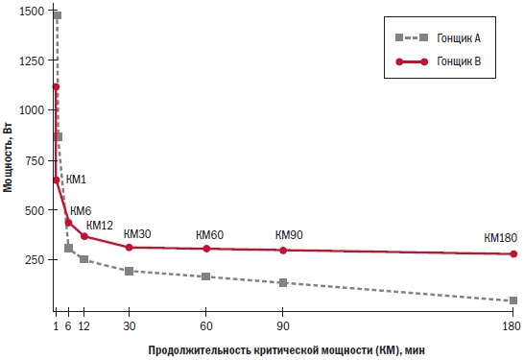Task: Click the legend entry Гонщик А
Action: coord(457,37)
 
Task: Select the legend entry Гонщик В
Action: coord(457,60)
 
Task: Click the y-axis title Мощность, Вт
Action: coord(9,153)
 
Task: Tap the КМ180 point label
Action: coord(500,237)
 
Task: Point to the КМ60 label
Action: coord(209,234)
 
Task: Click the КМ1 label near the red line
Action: coord(76,180)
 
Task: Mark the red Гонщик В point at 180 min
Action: coord(513,254)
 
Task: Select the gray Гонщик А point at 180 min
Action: coord(513,300)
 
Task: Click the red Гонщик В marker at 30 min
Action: coord(130,247)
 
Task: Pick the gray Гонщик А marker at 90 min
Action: coord(283,282)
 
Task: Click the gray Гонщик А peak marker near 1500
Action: coord(58,15)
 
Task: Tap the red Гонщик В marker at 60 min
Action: coord(206,249)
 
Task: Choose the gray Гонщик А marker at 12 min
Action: coord(83,259)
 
